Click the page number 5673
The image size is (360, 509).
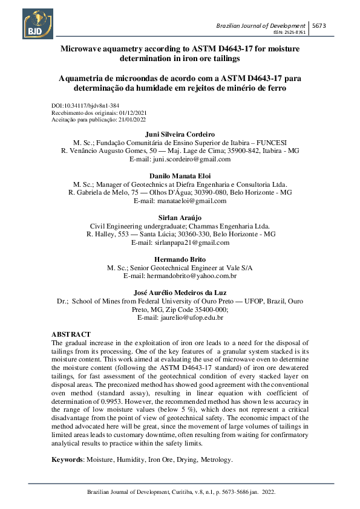click(320, 25)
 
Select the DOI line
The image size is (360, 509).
click(85, 106)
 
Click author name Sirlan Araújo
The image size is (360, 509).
click(180, 216)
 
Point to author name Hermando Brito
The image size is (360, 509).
click(180, 259)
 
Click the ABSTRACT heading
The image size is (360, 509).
click(71, 334)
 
